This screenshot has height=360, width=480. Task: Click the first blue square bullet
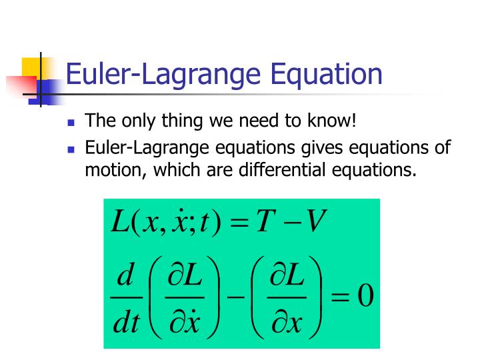coord(72,123)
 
